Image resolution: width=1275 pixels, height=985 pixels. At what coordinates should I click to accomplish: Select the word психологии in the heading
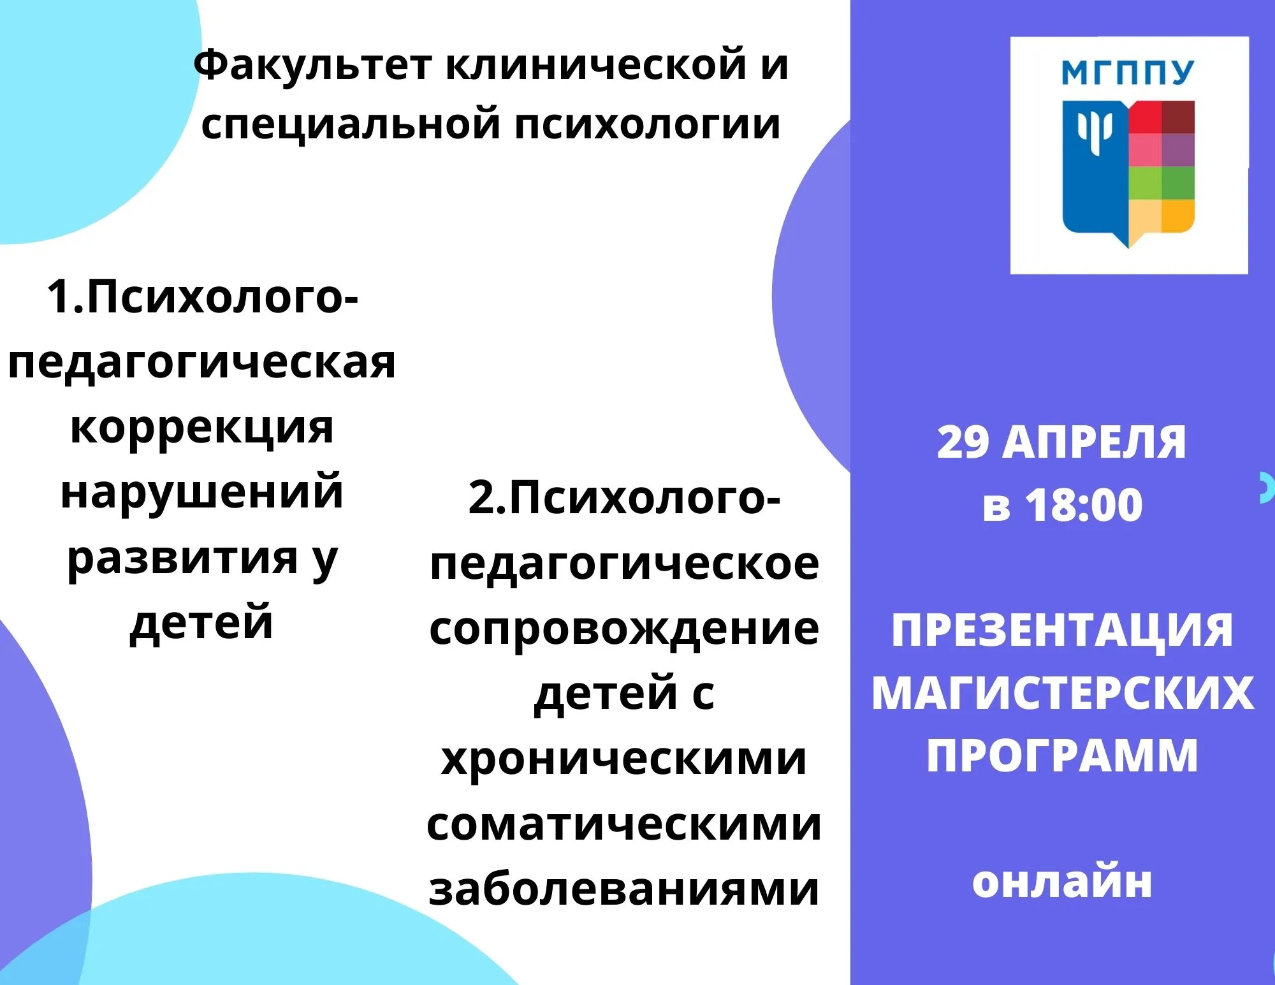click(648, 126)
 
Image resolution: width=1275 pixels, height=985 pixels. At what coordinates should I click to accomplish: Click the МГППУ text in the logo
click(1128, 73)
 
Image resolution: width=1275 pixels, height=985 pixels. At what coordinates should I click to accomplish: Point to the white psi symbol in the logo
click(1095, 131)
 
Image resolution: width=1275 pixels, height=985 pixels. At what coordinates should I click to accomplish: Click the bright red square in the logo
click(1145, 117)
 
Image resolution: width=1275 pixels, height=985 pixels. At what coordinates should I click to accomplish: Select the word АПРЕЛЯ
click(1094, 442)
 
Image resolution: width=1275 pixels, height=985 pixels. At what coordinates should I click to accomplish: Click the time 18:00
click(1084, 506)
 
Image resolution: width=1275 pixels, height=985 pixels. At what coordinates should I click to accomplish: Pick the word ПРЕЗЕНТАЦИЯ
click(1062, 631)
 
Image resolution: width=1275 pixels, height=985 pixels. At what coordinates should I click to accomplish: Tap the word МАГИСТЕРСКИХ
click(1063, 693)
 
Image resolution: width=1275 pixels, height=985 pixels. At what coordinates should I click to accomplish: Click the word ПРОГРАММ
click(1062, 755)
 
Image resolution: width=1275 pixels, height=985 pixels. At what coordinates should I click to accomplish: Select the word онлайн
click(1062, 883)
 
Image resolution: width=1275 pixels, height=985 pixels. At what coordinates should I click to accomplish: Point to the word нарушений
click(202, 492)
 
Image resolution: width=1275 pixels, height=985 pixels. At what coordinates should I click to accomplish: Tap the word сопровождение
click(624, 629)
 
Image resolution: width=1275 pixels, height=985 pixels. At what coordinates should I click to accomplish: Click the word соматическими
click(624, 825)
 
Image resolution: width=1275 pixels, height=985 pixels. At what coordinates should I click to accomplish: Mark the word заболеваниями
click(624, 889)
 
